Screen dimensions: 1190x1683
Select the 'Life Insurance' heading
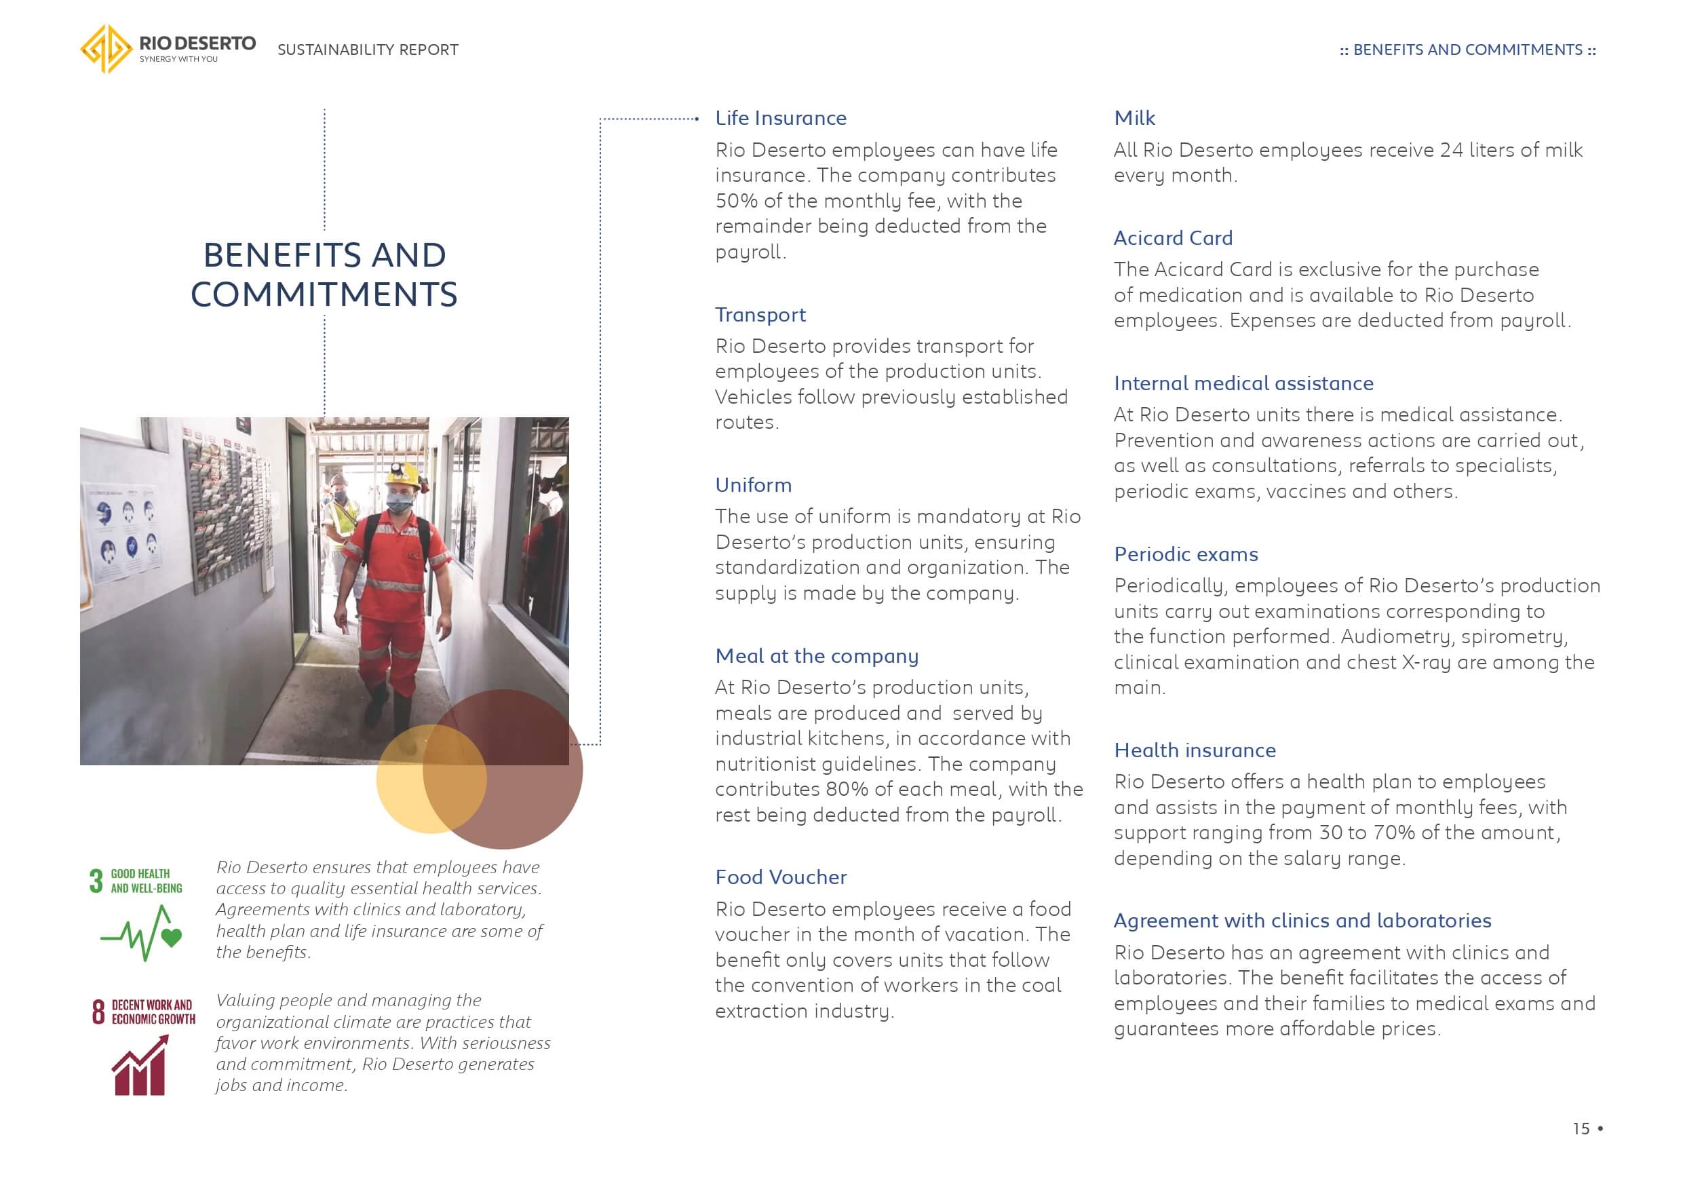[x=781, y=118]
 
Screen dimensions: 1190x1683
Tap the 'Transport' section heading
[x=760, y=315]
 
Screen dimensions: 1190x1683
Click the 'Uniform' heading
[x=754, y=484]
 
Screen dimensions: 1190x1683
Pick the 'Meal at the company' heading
[x=817, y=655]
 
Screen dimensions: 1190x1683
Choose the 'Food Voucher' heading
[x=781, y=877]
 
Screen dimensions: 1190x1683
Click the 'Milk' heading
[x=1134, y=118]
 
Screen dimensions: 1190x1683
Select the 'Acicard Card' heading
[x=1173, y=237]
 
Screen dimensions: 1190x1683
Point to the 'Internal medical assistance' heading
[x=1243, y=383]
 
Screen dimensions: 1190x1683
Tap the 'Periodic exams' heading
[x=1185, y=554]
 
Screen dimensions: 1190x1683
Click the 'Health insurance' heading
[x=1195, y=750]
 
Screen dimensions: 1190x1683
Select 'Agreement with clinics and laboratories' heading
[x=1302, y=920]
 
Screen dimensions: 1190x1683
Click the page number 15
[x=1581, y=1128]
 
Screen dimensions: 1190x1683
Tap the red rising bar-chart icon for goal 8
[x=140, y=1066]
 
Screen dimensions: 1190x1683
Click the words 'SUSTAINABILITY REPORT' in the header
[x=367, y=50]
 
